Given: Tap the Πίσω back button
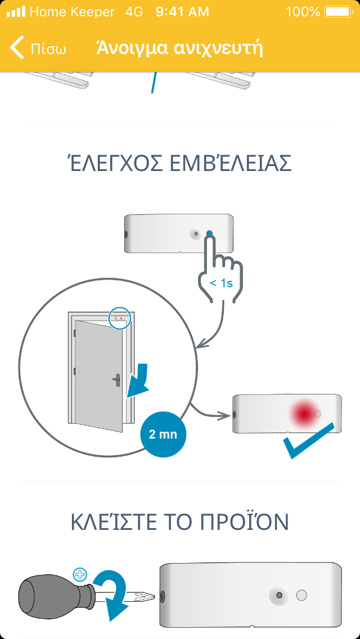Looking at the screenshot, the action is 38,48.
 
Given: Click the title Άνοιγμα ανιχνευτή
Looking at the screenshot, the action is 179,48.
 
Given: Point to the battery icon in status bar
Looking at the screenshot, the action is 338,12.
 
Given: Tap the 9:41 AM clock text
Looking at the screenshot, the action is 182,12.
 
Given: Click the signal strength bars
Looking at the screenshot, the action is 16,12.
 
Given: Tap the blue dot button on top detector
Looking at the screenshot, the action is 210,233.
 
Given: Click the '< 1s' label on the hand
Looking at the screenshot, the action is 221,283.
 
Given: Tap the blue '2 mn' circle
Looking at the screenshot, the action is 163,434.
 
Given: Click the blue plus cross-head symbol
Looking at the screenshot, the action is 80,575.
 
